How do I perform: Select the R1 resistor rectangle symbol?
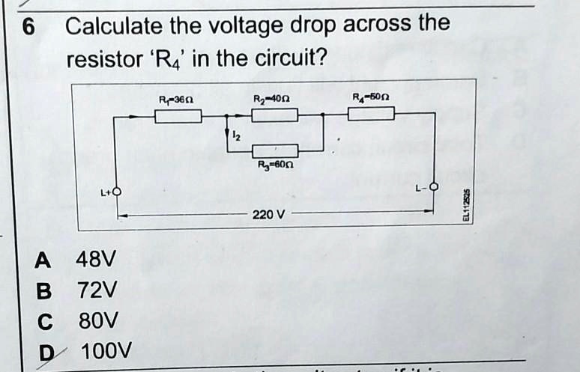coord(178,115)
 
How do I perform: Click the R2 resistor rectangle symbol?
coord(274,115)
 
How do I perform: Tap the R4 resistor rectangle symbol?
coord(371,114)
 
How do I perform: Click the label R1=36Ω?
coord(178,99)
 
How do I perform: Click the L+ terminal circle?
coord(116,192)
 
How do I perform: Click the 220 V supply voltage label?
coord(268,215)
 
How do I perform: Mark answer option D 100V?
coord(86,350)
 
